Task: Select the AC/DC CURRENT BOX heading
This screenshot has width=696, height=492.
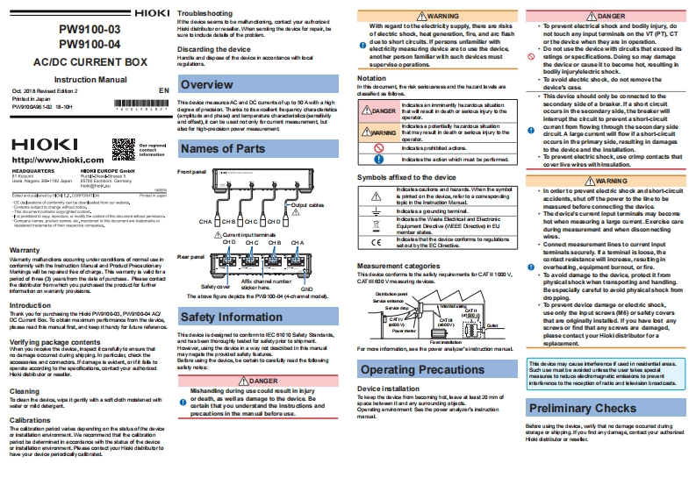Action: [89, 62]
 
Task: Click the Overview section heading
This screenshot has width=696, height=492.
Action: [207, 85]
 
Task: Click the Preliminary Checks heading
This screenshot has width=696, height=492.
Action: [583, 408]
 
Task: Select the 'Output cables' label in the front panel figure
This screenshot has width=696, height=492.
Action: [311, 204]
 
